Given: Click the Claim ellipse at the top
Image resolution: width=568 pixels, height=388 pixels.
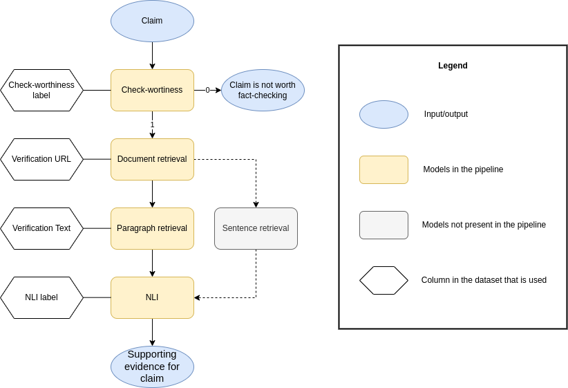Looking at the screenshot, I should click(152, 21).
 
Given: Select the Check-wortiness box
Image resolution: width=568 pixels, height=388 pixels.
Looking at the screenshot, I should click(152, 90).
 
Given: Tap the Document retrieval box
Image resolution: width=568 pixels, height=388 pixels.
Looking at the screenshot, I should click(152, 159).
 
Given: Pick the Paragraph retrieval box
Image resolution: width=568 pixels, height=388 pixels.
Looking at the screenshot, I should click(152, 228).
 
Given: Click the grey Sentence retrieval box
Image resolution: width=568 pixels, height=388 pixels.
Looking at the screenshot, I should click(256, 228).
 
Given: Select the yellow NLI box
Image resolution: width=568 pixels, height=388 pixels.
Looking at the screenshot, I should click(152, 297).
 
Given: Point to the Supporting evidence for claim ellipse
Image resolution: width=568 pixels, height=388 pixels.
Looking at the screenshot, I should click(152, 367).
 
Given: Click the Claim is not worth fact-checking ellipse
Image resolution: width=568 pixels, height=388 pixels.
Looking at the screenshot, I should click(263, 90).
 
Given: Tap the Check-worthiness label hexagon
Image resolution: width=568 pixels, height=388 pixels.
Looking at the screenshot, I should click(41, 90).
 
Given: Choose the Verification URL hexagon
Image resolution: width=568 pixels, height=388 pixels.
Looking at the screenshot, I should click(41, 159).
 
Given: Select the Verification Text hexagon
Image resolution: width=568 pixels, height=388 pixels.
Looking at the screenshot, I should click(41, 228).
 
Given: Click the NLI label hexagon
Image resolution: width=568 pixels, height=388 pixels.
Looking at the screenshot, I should click(41, 297).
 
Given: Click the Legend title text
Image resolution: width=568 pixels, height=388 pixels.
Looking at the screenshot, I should click(453, 66).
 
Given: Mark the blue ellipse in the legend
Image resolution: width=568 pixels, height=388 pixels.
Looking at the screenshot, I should click(384, 114).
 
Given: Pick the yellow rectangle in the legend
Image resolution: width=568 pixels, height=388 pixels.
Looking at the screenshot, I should click(384, 169).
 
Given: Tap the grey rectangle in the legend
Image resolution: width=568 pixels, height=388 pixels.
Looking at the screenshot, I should click(384, 225).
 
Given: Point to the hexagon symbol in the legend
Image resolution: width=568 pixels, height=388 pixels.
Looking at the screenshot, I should click(384, 280).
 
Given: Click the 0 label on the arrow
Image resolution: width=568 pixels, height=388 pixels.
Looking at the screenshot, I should click(207, 90).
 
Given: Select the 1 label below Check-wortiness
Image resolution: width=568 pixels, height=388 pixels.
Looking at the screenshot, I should click(152, 124).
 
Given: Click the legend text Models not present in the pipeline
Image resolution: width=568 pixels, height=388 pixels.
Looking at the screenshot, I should click(484, 225).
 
